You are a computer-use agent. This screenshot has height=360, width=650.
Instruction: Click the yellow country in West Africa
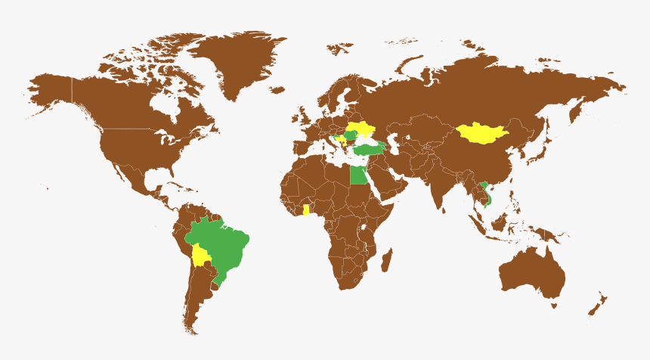point(306,209)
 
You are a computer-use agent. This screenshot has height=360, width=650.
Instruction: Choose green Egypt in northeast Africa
point(360,175)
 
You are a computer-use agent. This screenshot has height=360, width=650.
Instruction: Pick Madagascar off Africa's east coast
point(387,260)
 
